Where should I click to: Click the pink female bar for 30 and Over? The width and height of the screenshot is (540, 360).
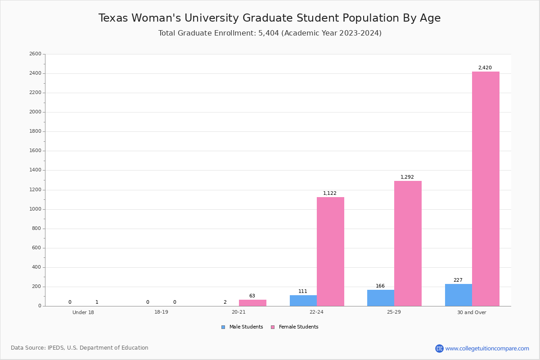(486, 189)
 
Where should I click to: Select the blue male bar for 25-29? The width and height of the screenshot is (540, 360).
(381, 298)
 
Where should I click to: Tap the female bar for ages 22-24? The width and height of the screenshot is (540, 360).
(330, 252)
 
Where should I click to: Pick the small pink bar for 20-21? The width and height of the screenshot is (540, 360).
(252, 303)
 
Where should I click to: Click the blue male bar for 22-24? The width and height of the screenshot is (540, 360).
(303, 301)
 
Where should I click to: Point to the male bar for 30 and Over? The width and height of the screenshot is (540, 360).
(459, 295)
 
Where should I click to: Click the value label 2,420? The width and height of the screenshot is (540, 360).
(485, 68)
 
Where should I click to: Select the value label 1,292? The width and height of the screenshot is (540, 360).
(407, 177)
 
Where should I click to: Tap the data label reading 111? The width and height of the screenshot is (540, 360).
(303, 292)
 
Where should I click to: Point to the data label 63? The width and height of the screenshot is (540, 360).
(252, 296)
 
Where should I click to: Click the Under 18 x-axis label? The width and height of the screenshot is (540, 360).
(83, 312)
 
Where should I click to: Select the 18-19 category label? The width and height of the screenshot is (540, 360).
(161, 312)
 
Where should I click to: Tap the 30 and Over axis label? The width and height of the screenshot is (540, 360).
(472, 312)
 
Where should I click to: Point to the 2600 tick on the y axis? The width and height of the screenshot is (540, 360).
(35, 54)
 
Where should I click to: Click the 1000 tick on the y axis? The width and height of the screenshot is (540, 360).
(35, 209)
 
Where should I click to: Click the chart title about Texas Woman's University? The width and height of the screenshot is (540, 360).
(270, 18)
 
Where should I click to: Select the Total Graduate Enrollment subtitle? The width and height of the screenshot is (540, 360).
(270, 33)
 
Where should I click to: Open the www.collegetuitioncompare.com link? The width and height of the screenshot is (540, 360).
(487, 348)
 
